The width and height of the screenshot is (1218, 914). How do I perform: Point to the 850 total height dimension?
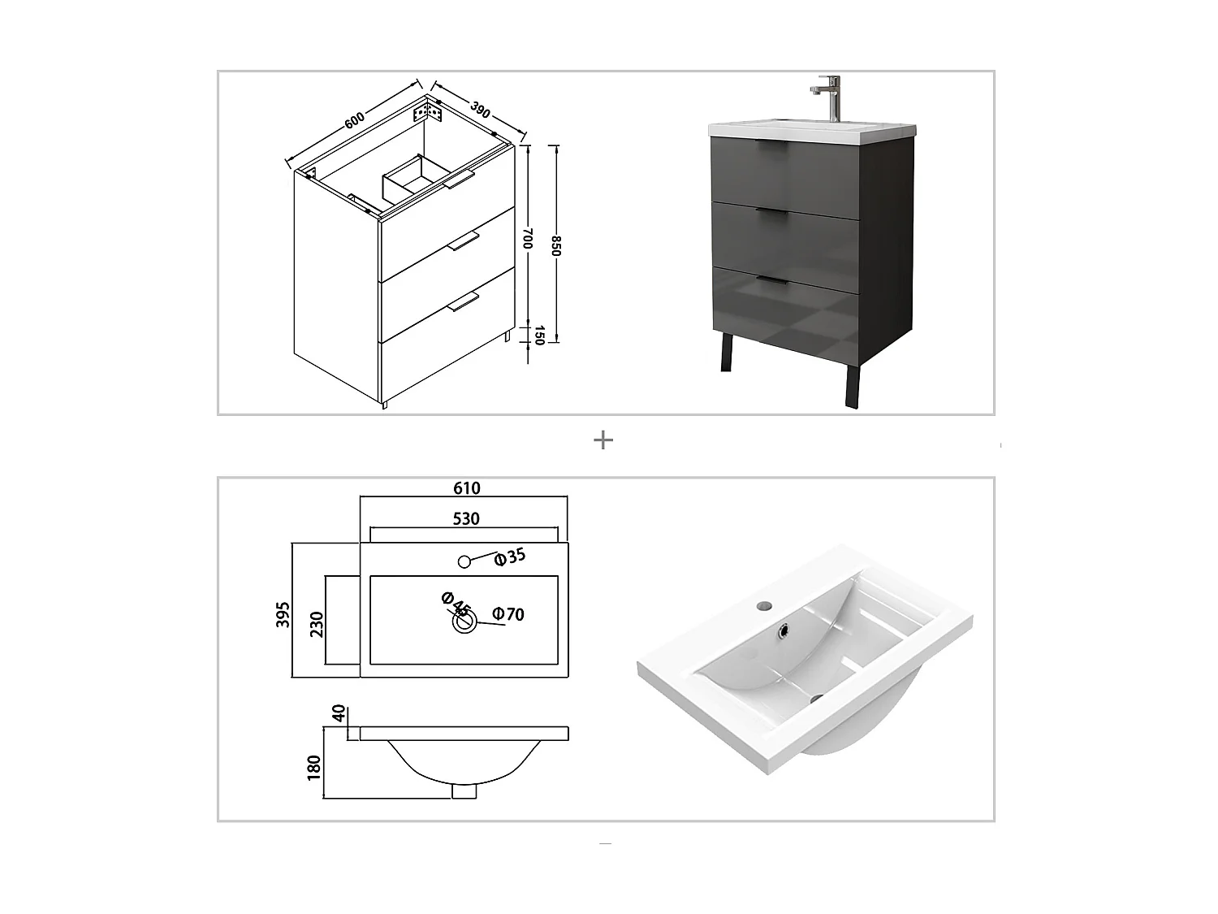pos(555,246)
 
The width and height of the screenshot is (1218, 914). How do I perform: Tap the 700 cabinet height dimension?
pos(527,238)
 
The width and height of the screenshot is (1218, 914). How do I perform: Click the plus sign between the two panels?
pos(603,440)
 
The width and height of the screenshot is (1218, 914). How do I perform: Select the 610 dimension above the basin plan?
pos(466,488)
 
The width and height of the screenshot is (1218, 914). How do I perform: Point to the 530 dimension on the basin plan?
pos(466,518)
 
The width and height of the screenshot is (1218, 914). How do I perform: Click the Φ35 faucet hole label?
pos(511,557)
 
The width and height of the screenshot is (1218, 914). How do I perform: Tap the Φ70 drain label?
pos(509,614)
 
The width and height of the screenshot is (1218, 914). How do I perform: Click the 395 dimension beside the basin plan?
pos(282,615)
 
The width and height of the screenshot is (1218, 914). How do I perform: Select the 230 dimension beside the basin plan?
pos(316,624)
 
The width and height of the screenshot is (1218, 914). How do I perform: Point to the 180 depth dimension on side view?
pos(313,768)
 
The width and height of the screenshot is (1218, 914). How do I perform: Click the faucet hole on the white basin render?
pos(764,605)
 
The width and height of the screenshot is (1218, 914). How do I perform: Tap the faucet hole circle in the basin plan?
pos(464,561)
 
